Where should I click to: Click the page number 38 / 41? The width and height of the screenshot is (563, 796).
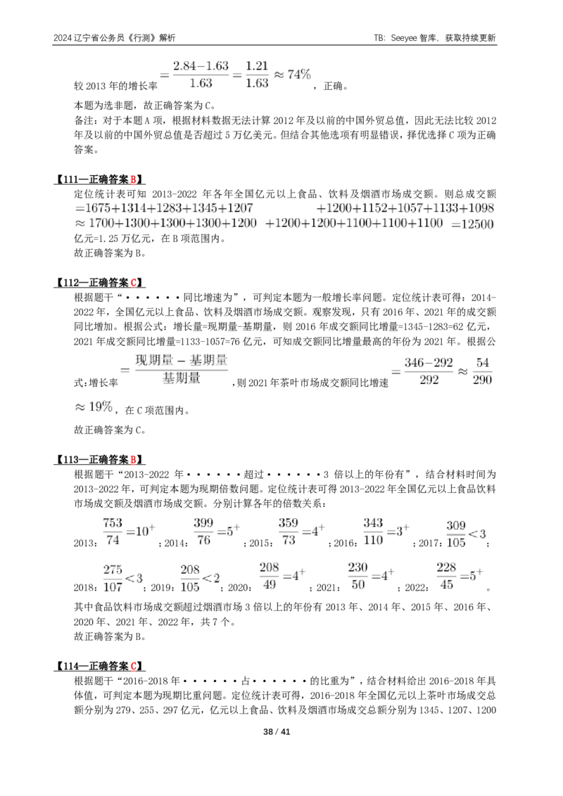[x=277, y=731]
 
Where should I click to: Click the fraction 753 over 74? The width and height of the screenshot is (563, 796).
[x=113, y=532]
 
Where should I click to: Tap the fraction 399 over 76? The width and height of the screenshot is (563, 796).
[x=203, y=532]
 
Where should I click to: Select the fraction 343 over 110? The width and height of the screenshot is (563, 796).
[x=373, y=532]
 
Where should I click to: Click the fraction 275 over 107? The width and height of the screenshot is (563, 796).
[x=113, y=578]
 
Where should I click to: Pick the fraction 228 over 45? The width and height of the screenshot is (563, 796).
[x=446, y=576]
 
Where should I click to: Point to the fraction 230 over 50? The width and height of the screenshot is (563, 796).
[x=358, y=576]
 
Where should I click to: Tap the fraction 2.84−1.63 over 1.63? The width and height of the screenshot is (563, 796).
[x=201, y=75]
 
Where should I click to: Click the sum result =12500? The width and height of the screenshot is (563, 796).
[x=472, y=224]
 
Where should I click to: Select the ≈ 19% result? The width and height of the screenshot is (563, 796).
[x=94, y=406]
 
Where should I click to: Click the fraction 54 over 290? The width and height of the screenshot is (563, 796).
[x=482, y=371]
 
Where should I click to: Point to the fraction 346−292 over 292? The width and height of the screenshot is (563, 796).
[x=429, y=371]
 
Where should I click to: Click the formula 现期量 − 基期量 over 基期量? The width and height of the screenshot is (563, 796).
[x=182, y=369]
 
